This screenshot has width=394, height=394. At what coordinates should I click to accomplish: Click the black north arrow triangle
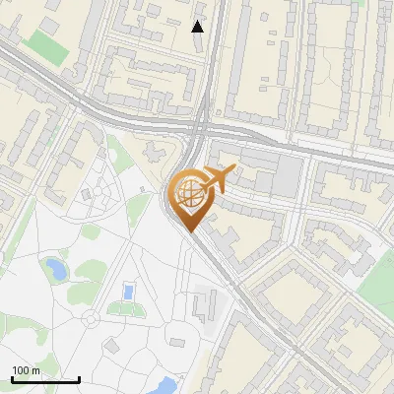point(198,27)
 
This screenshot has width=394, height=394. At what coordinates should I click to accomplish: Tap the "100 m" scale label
point(26,370)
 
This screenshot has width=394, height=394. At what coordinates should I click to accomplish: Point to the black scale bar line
point(45,379)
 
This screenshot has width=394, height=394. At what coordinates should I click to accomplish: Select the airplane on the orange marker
point(218,178)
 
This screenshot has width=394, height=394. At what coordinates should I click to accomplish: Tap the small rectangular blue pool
point(126,292)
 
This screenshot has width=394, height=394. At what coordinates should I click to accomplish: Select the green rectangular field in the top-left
point(43,42)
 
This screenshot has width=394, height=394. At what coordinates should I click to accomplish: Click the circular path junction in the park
point(91,319)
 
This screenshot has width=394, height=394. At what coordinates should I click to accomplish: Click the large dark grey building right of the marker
point(287,177)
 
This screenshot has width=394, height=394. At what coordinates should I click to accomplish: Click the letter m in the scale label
point(36,370)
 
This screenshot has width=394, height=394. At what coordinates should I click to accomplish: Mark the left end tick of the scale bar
point(12,378)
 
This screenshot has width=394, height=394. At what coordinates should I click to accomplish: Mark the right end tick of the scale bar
point(79,378)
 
